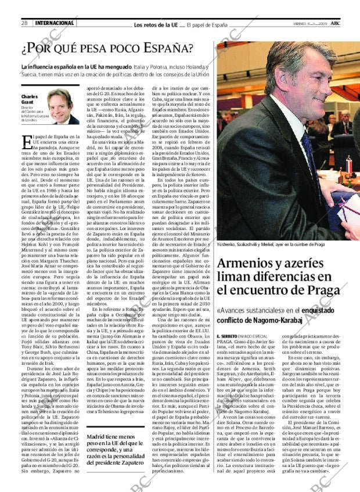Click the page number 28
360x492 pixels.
(x=25, y=23)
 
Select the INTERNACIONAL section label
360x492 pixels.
(x=55, y=23)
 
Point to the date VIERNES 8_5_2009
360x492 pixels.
(x=318, y=24)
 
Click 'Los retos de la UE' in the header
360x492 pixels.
(x=156, y=24)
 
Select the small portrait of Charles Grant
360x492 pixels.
(x=63, y=107)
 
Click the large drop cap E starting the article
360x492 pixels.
(x=26, y=141)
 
